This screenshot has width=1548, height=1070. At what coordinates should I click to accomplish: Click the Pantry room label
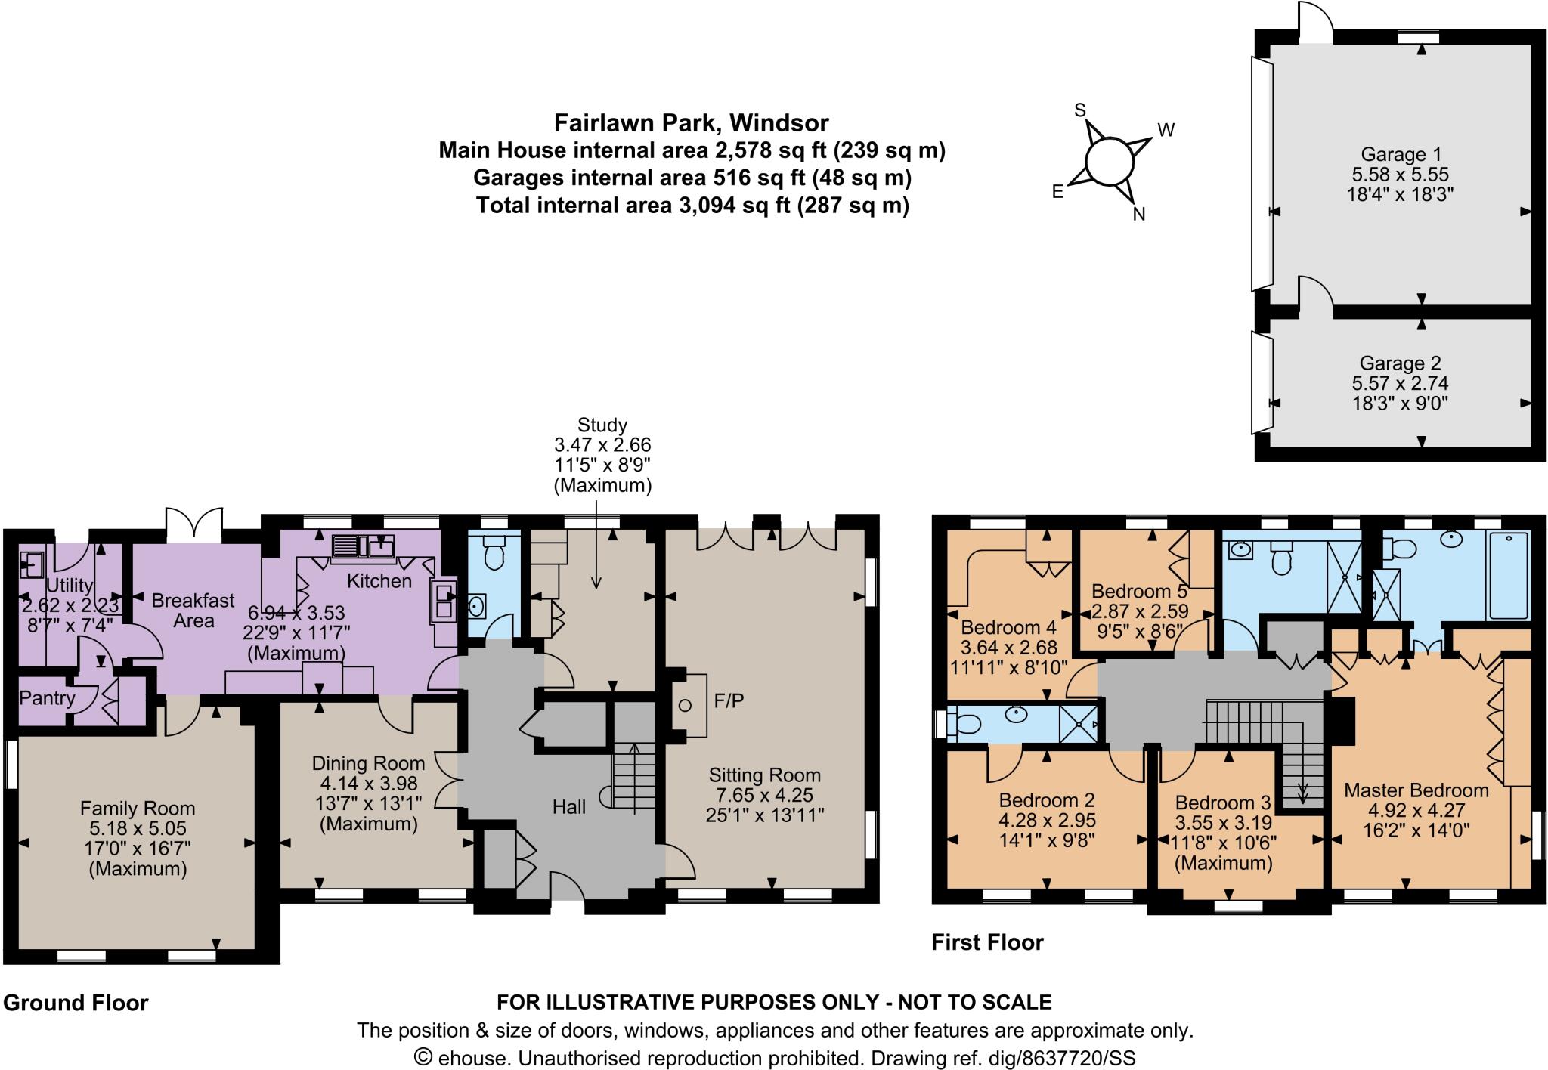pyautogui.click(x=48, y=697)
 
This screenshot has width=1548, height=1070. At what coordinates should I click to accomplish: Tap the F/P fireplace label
pyautogui.click(x=729, y=701)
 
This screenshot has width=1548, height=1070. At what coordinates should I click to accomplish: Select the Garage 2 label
pyautogui.click(x=1400, y=363)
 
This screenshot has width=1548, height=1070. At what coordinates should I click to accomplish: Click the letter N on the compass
pyautogui.click(x=1139, y=214)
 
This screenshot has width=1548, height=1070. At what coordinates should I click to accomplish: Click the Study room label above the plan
pyautogui.click(x=602, y=425)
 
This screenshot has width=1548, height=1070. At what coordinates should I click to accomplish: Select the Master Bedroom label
pyautogui.click(x=1416, y=790)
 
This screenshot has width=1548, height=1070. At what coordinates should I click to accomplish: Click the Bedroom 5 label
pyautogui.click(x=1140, y=591)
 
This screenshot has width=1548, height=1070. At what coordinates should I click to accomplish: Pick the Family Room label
pyautogui.click(x=138, y=809)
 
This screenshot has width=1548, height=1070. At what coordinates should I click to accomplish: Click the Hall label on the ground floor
pyautogui.click(x=568, y=807)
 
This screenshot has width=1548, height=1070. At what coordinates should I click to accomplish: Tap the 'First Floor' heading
pyautogui.click(x=987, y=942)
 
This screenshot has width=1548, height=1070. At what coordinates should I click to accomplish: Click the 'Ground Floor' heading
pyautogui.click(x=76, y=1003)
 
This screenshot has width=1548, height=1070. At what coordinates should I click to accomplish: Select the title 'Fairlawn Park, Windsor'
pyautogui.click(x=692, y=122)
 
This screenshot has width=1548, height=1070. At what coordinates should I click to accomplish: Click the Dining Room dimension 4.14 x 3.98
pyautogui.click(x=368, y=784)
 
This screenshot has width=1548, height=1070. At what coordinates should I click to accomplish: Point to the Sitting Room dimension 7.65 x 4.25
pyautogui.click(x=765, y=795)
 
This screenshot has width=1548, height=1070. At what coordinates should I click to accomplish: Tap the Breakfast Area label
pyautogui.click(x=193, y=611)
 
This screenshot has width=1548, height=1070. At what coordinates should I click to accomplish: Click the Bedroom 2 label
pyautogui.click(x=1047, y=800)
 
